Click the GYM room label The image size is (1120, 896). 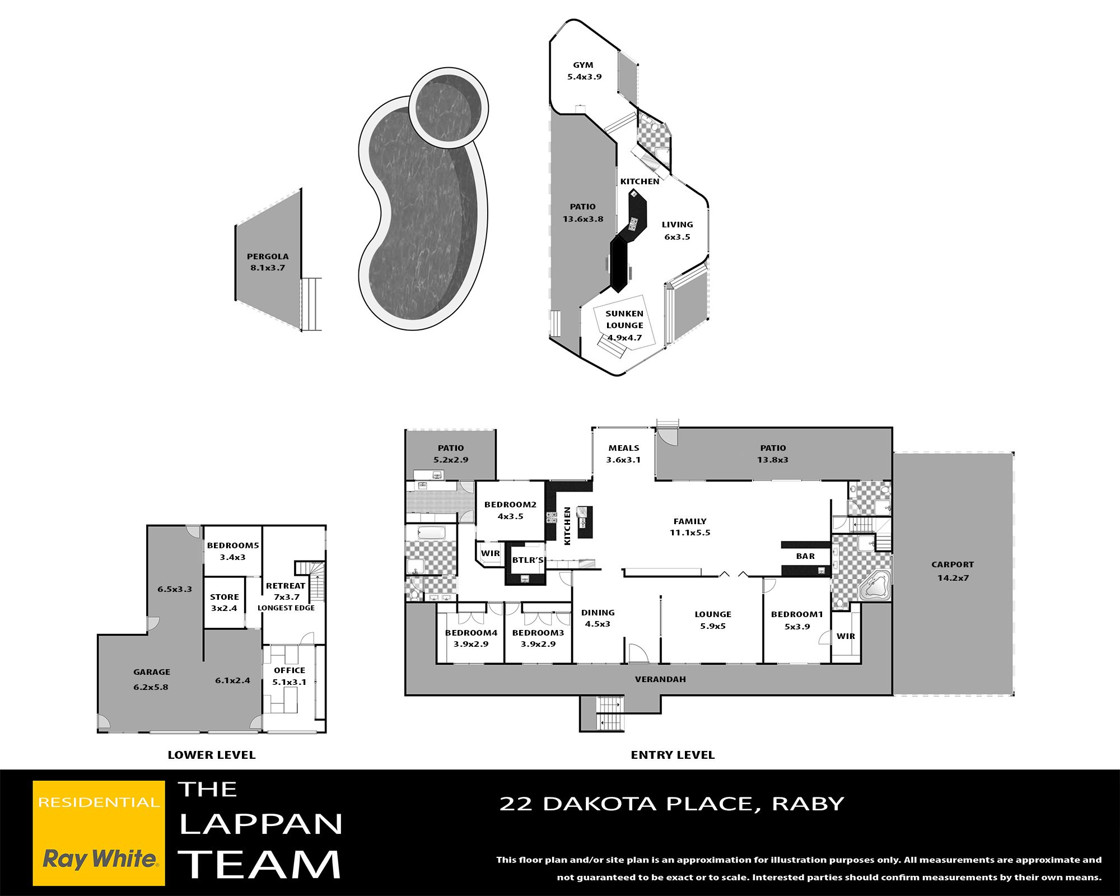[583, 65]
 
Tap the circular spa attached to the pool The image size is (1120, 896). [448, 108]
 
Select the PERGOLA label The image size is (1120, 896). [268, 256]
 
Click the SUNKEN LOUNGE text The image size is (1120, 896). [624, 319]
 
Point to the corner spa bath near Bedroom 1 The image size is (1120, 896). [874, 586]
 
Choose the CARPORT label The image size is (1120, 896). [953, 564]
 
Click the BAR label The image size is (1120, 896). [805, 556]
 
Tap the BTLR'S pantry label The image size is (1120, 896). [528, 560]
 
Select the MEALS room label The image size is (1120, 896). [624, 448]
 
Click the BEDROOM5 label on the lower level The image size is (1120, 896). [233, 545]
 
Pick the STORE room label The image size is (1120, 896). [225, 597]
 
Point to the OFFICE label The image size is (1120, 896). [290, 670]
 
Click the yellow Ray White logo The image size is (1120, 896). [99, 833]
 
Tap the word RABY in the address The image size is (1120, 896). [808, 804]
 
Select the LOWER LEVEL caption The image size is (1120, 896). [212, 755]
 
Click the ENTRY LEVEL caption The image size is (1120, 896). [673, 755]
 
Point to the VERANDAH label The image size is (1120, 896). [660, 679]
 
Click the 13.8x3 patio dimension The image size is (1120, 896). [773, 460]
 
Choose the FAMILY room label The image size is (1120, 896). [690, 521]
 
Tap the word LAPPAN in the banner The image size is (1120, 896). [261, 824]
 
